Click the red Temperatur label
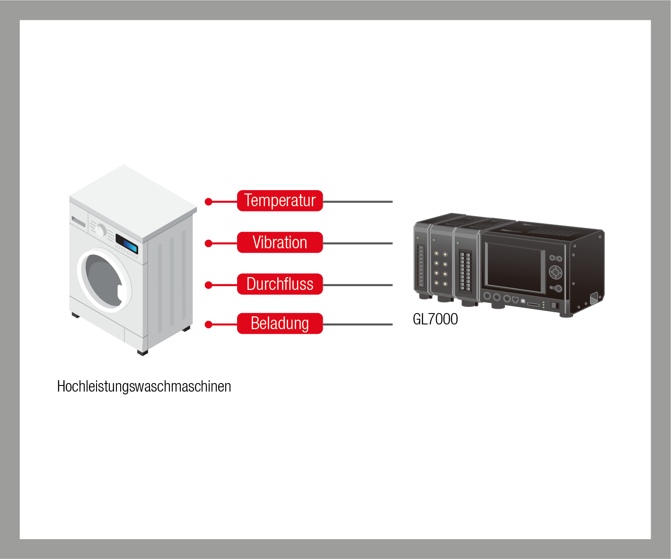(280, 201)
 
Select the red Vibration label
(280, 243)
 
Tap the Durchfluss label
(280, 284)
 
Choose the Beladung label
(280, 323)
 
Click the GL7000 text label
(435, 319)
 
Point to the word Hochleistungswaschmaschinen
(144, 386)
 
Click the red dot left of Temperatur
(208, 202)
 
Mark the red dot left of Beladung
(208, 324)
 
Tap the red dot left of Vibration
(208, 244)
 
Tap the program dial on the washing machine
(100, 230)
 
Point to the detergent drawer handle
(79, 221)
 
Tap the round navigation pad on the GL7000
(555, 272)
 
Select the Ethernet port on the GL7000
(515, 300)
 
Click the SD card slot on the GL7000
(533, 305)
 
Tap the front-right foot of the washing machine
(142, 352)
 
